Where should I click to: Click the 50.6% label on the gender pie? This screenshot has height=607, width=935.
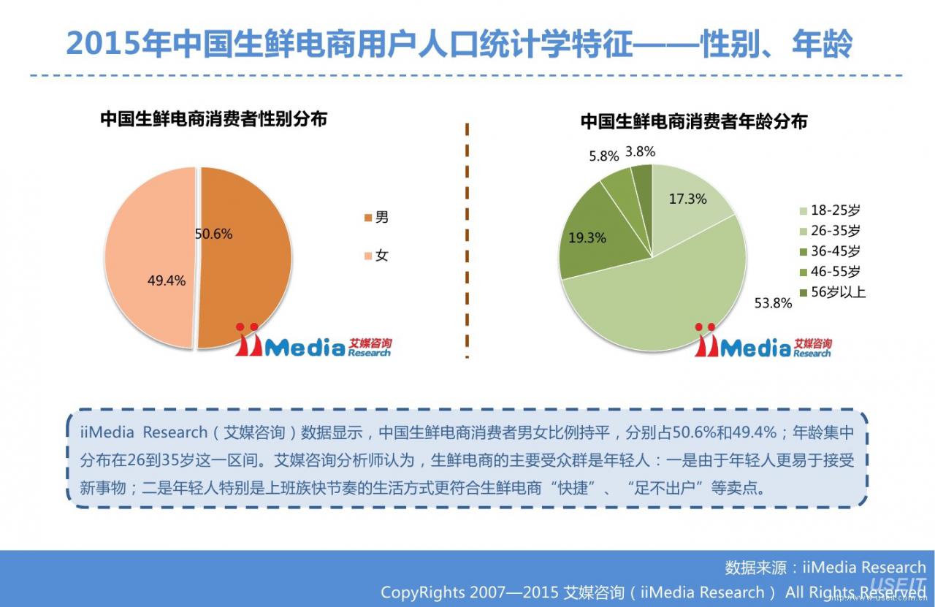coord(214,234)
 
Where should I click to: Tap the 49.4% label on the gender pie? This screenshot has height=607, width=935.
coord(167,280)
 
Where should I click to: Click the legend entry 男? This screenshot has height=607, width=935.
coord(376,217)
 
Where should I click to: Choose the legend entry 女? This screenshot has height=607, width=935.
coord(376,256)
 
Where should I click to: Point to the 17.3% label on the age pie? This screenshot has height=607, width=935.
coord(688,199)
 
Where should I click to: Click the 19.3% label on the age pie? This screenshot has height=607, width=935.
coord(587,238)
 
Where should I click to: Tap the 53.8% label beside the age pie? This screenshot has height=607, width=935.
coord(773,303)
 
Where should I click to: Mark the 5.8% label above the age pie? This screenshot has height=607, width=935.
coord(604,156)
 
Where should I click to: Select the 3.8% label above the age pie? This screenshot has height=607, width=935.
coord(641,151)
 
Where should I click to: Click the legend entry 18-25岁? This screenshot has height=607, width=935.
coord(831,210)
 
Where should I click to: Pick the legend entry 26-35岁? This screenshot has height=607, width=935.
coord(831,230)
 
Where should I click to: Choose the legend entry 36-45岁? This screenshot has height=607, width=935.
coord(831,251)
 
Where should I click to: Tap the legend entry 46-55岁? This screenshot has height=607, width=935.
coord(831,271)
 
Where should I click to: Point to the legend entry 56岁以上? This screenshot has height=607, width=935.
coord(833,291)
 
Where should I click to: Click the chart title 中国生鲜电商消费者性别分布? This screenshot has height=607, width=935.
coord(214,119)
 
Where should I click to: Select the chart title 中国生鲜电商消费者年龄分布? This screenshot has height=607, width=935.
coord(694,121)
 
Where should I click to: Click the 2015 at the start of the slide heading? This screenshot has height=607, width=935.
coord(103,44)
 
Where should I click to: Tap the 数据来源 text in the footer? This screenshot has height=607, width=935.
coord(755,568)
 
